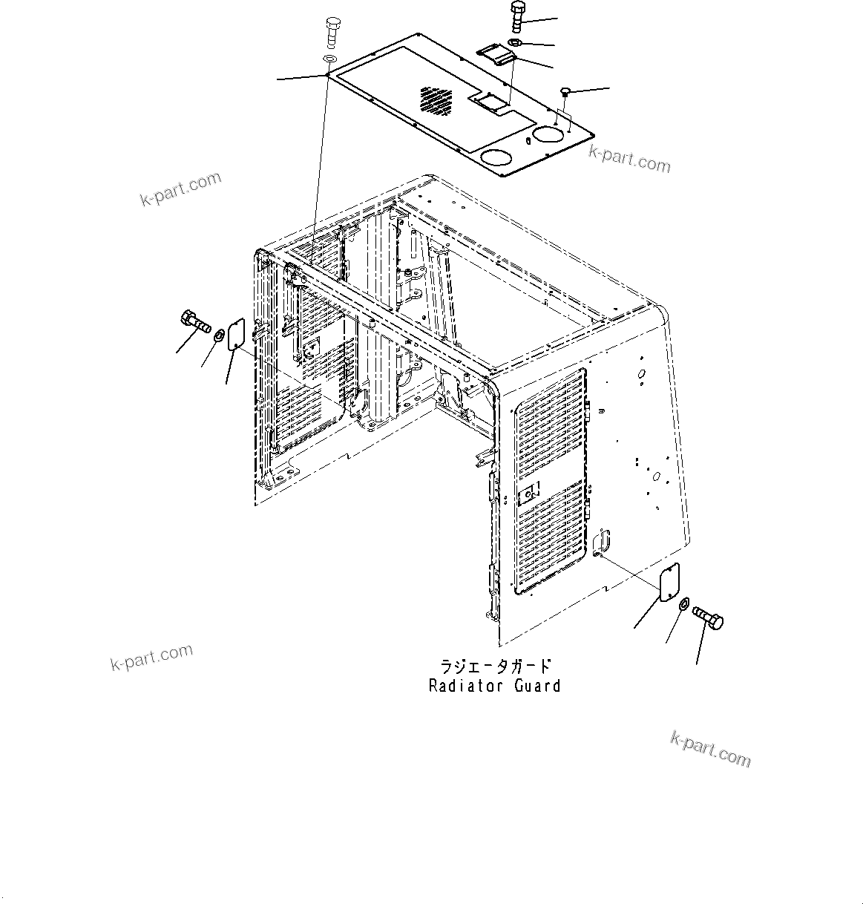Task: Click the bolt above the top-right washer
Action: point(517,17)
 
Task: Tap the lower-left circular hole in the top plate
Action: point(495,157)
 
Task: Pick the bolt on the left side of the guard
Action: point(194,323)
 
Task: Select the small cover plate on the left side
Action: point(236,334)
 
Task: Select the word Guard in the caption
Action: point(537,686)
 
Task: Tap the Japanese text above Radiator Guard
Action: point(495,665)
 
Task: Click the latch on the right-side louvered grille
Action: point(531,494)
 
